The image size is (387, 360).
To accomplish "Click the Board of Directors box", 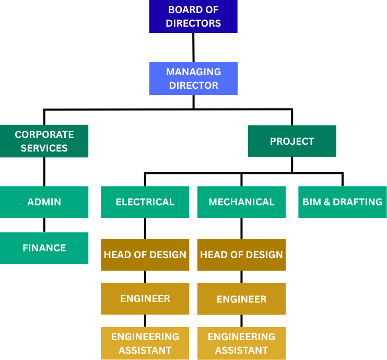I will pos(193,16).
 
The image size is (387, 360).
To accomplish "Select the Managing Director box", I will pos(193,78).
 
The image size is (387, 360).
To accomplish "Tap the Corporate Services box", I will pos(44,141).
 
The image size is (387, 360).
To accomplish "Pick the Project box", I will pos(292,141).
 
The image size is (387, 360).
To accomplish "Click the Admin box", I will pos(44,202).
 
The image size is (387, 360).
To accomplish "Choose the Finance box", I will pos(44,248).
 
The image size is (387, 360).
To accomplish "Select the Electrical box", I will pos(145,202).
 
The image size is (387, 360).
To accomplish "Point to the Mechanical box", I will pos(241,202).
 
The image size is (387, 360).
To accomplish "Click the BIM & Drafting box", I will pos(343,202).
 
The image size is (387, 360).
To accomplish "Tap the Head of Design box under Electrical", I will pos(145,254).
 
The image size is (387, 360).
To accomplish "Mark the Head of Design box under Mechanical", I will pos(241,254).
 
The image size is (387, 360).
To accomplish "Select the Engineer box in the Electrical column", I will pos(145,299).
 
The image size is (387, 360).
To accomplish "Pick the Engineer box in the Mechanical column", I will pos(241,299).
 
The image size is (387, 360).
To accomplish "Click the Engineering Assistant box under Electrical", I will pos(145,343).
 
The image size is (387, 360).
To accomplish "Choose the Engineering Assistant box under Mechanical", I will pos(241,343).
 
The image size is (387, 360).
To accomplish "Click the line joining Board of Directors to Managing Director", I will pos(193,48).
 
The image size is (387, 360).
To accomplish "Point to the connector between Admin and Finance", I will pos(44,225).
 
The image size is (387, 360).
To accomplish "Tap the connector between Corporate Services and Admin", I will pos(44,171).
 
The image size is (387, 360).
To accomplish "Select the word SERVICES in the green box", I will pos(44,148).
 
